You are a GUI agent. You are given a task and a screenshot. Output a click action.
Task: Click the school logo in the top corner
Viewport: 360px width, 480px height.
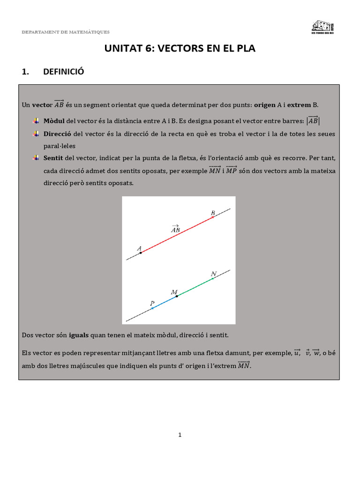(x=323, y=27)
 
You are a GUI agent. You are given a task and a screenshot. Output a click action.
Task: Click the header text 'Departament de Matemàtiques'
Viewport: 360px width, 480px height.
(x=66, y=32)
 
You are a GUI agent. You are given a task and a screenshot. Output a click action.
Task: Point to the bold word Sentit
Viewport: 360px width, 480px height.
(x=52, y=158)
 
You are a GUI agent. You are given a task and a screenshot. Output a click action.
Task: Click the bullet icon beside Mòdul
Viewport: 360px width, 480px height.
(x=36, y=121)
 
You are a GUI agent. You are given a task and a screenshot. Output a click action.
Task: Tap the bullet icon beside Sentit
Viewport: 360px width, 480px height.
(x=36, y=158)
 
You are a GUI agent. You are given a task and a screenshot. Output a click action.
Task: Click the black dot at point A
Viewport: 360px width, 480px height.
(x=141, y=252)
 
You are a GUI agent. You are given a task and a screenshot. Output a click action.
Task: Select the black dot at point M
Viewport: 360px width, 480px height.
(x=177, y=297)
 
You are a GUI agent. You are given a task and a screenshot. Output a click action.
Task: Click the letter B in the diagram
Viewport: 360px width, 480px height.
(x=213, y=213)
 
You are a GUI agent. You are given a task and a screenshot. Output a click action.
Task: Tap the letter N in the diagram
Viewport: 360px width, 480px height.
(x=214, y=274)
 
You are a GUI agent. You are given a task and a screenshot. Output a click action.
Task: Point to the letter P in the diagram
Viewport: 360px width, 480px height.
(x=152, y=303)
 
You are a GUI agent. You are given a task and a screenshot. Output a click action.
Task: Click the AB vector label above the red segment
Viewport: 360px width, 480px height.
(x=176, y=229)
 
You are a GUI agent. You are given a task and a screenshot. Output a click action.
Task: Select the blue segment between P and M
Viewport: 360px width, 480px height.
(x=164, y=303)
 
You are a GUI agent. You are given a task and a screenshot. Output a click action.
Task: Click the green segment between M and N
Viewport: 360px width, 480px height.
(x=195, y=287)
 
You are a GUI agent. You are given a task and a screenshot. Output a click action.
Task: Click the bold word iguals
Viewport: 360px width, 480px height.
(x=79, y=335)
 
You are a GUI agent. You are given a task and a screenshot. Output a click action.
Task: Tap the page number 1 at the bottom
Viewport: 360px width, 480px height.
(x=180, y=435)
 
